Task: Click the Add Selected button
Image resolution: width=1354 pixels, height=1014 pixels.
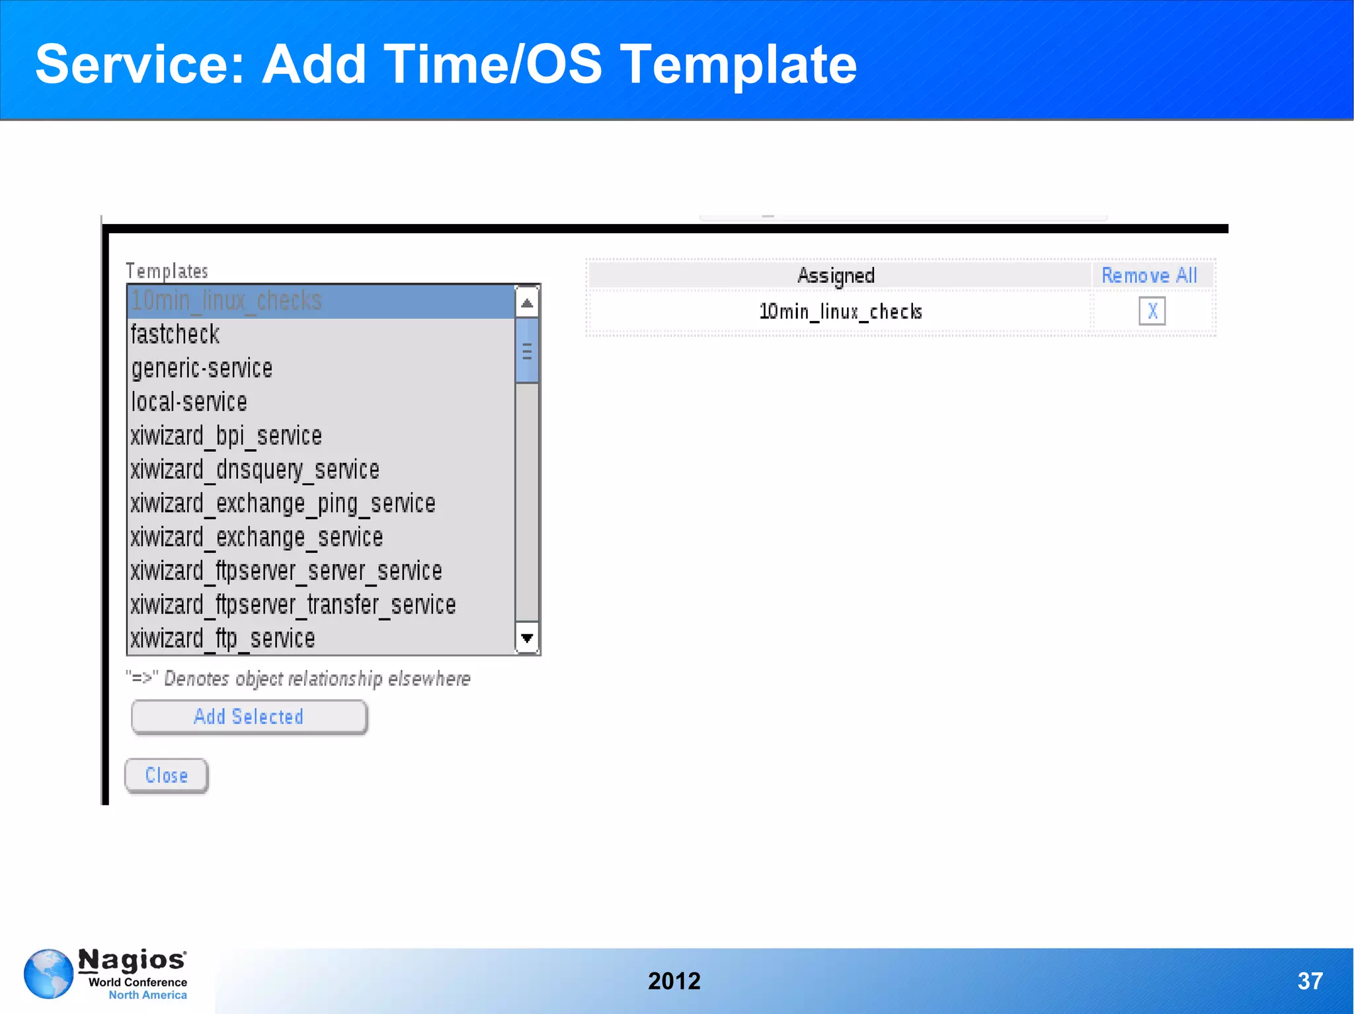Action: [249, 717]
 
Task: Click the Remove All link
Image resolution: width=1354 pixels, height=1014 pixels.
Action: [1149, 275]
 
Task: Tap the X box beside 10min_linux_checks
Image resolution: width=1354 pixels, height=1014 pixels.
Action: [1152, 311]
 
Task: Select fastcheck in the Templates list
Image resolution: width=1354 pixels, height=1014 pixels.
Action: [175, 334]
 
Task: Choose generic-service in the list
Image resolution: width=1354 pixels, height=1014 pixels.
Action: [202, 368]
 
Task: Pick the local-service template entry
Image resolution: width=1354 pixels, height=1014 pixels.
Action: [189, 402]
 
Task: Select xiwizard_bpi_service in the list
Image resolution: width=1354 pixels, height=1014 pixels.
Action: [226, 436]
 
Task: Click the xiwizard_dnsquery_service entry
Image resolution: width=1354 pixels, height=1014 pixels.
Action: [255, 470]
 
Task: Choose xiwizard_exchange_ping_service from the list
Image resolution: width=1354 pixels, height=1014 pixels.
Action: [283, 503]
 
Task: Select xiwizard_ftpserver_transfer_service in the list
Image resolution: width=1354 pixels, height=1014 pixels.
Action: [293, 605]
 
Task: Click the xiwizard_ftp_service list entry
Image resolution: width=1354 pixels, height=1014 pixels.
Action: [223, 639]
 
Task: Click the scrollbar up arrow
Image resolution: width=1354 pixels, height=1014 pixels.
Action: [527, 303]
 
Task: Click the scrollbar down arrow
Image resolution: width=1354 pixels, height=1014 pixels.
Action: [527, 638]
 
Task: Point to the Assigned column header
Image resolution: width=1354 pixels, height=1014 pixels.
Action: [836, 275]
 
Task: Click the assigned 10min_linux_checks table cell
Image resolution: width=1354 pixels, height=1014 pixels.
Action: [840, 311]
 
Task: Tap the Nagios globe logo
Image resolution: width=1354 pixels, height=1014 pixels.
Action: [48, 974]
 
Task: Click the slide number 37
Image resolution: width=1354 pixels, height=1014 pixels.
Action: [1310, 981]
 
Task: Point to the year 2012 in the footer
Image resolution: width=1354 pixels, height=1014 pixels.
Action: [674, 981]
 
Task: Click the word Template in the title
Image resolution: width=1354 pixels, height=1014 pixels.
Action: [738, 64]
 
